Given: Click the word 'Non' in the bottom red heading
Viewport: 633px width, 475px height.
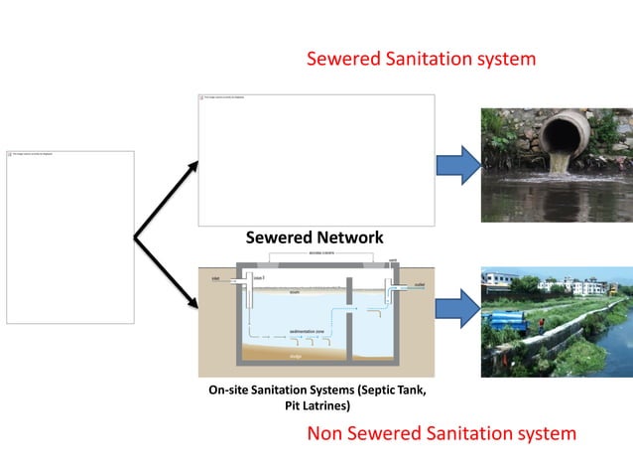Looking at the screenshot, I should click(x=326, y=433).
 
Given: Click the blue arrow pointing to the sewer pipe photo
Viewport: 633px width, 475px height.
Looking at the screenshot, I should click(x=457, y=164).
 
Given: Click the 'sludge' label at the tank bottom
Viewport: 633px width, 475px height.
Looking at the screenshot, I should click(x=297, y=355).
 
